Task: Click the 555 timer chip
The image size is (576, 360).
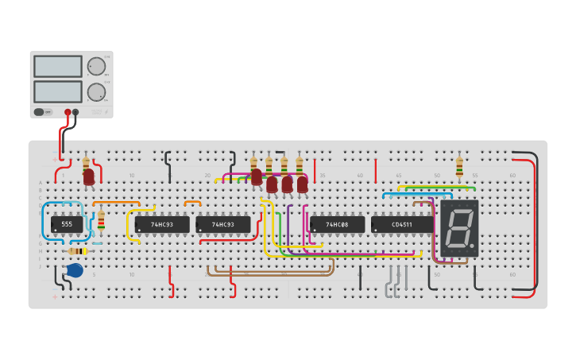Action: pyautogui.click(x=67, y=225)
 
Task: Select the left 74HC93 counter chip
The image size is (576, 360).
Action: pyautogui.click(x=162, y=225)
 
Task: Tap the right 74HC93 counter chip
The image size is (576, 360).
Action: pyautogui.click(x=223, y=225)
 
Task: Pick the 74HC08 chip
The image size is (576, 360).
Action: pyautogui.click(x=337, y=225)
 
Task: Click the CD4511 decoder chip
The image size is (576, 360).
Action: pyautogui.click(x=402, y=225)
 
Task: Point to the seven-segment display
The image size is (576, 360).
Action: pyautogui.click(x=459, y=228)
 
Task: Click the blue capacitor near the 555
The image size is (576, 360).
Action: pyautogui.click(x=75, y=270)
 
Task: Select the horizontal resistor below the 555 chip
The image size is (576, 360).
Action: pyautogui.click(x=78, y=251)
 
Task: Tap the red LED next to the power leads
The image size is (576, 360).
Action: pyautogui.click(x=89, y=176)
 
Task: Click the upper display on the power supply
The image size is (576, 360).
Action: pyautogui.click(x=58, y=66)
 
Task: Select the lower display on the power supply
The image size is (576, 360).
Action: pyautogui.click(x=58, y=91)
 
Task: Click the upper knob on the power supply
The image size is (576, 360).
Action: pyautogui.click(x=96, y=66)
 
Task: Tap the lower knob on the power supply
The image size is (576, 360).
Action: pyautogui.click(x=96, y=92)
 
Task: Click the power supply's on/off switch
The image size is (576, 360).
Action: pyautogui.click(x=39, y=112)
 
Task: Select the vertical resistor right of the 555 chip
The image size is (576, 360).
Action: pyautogui.click(x=101, y=220)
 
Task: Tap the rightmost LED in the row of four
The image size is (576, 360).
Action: pyautogui.click(x=303, y=184)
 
